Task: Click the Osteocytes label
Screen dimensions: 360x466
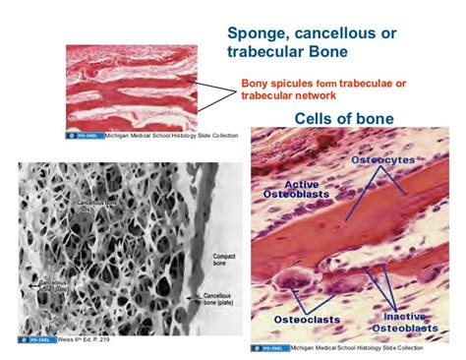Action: tap(392, 160)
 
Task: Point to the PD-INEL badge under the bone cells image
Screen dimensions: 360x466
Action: tap(270, 347)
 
